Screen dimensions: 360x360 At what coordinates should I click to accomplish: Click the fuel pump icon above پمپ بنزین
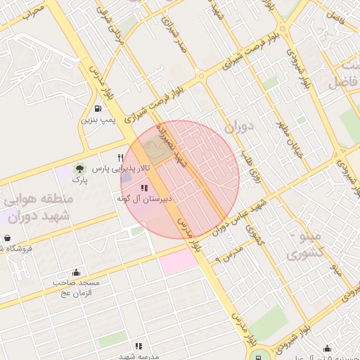(x=96, y=108)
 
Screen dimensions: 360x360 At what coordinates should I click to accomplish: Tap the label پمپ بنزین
(x=96, y=120)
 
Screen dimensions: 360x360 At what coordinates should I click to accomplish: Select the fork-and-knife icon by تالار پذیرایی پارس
(x=121, y=157)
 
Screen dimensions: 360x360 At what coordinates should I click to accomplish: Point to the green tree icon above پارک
(x=79, y=169)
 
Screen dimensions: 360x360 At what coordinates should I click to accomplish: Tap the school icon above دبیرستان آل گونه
(x=144, y=188)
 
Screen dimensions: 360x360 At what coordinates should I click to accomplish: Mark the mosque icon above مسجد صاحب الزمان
(x=76, y=272)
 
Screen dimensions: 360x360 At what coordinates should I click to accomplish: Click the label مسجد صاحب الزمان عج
(x=77, y=288)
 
